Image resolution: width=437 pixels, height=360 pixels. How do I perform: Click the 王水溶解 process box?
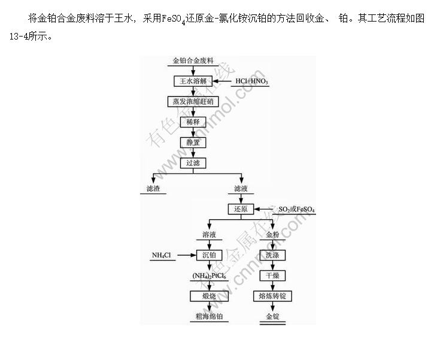tap(193, 81)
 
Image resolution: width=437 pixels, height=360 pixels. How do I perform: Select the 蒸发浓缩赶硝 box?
tap(193, 101)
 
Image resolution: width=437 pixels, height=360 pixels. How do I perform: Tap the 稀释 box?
tap(193, 122)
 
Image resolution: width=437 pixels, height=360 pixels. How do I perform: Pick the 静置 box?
tap(193, 142)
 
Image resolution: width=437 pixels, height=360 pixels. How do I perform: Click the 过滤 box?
tap(193, 162)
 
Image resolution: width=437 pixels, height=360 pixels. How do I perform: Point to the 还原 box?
tap(241, 209)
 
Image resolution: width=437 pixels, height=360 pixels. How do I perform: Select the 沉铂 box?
tap(209, 255)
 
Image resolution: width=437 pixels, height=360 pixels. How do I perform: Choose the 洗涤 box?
tap(272, 255)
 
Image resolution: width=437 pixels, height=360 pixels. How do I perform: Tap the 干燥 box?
tap(272, 276)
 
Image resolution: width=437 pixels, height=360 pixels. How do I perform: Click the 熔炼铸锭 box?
tap(272, 296)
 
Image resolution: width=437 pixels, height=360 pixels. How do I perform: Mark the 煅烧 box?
tap(209, 296)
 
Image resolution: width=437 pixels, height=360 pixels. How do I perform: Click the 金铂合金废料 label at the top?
tap(193, 61)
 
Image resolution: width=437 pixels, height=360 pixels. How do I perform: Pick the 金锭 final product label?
tap(272, 316)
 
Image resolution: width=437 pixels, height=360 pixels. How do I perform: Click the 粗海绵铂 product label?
tap(209, 316)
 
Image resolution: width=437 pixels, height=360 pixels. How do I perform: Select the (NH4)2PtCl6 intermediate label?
tap(209, 276)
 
